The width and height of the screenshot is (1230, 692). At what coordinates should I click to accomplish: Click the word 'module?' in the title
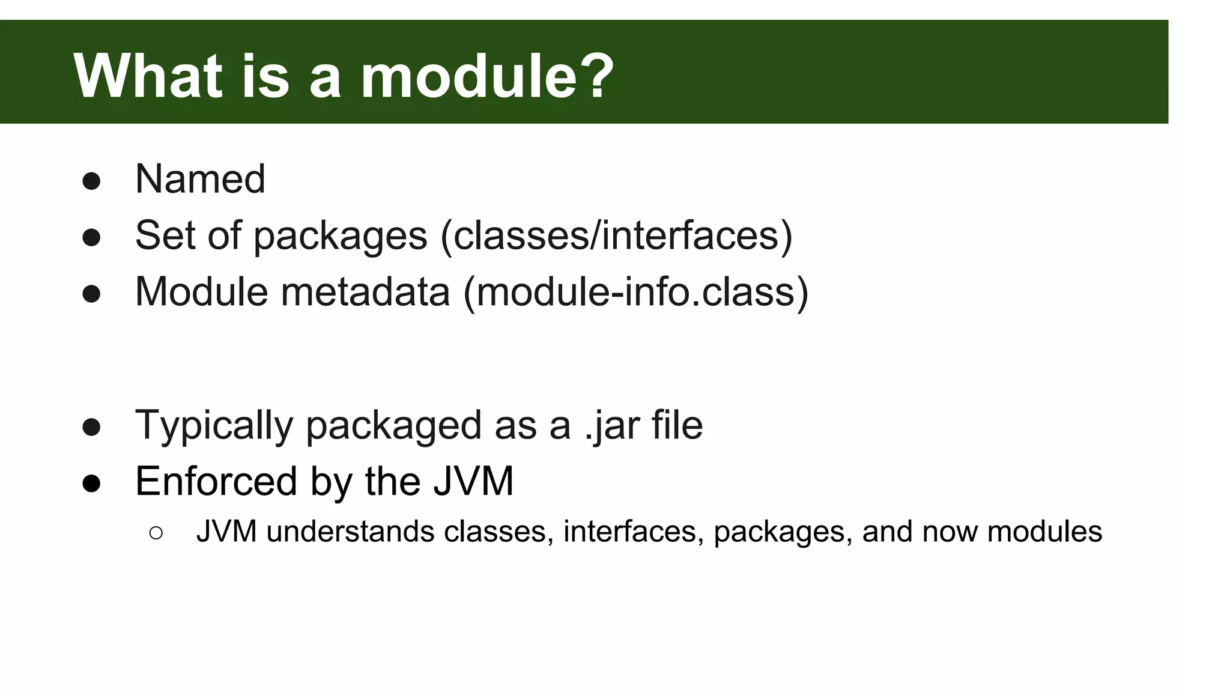pyautogui.click(x=487, y=76)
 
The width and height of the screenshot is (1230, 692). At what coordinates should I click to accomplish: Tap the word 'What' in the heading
pyautogui.click(x=148, y=76)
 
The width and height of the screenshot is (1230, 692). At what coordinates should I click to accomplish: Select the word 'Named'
pyautogui.click(x=200, y=179)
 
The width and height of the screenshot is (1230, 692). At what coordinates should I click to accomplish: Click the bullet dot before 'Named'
pyautogui.click(x=91, y=181)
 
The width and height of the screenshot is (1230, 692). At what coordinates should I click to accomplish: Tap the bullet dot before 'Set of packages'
pyautogui.click(x=91, y=238)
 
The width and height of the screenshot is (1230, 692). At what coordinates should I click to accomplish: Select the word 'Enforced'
pyautogui.click(x=216, y=481)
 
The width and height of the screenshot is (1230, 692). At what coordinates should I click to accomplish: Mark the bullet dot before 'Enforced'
pyautogui.click(x=91, y=484)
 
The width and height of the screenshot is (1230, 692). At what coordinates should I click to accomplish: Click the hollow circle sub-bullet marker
pyautogui.click(x=156, y=533)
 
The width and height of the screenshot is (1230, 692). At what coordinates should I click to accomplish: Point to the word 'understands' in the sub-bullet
pyautogui.click(x=350, y=532)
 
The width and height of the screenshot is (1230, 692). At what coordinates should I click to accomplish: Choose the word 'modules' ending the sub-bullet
pyautogui.click(x=1044, y=532)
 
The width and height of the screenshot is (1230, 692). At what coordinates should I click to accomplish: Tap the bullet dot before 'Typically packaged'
pyautogui.click(x=91, y=428)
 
